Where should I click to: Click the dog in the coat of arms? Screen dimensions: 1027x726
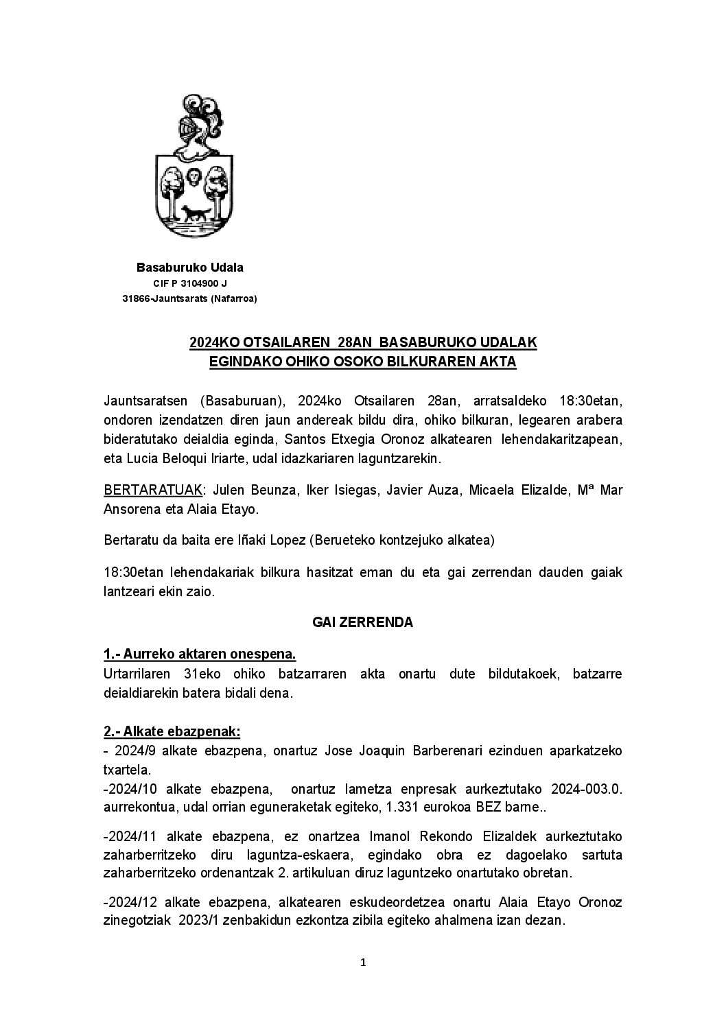coord(195,213)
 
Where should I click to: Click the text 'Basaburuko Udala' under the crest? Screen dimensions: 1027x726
coord(190,268)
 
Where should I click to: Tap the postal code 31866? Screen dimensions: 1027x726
coord(136,298)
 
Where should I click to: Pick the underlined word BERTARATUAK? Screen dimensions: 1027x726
coord(154,491)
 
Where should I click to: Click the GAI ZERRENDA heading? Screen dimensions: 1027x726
coord(363,622)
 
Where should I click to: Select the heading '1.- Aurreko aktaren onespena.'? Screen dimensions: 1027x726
coord(200,654)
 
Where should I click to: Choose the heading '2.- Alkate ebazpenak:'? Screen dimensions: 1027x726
coord(172,731)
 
